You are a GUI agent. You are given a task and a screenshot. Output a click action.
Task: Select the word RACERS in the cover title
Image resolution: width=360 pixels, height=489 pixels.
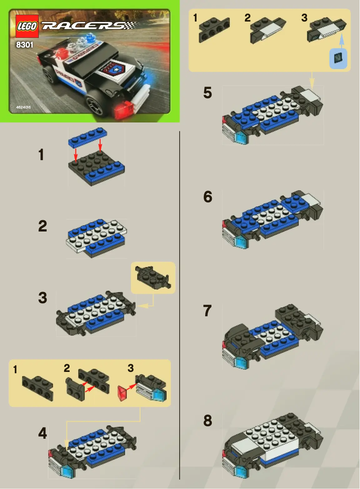point(83,26)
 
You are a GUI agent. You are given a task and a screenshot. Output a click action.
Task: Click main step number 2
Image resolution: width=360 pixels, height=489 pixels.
point(42,227)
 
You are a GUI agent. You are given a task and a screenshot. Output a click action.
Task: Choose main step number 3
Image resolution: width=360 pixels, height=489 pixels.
point(42,298)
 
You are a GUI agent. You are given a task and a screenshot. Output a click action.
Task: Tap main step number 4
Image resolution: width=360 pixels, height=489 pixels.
point(42,433)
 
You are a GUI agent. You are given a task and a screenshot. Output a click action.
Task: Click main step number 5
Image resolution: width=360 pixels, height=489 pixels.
point(207,93)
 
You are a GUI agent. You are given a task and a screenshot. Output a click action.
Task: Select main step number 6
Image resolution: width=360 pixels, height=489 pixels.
point(207,197)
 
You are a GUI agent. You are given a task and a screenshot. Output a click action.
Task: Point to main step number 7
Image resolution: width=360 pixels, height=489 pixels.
point(207,311)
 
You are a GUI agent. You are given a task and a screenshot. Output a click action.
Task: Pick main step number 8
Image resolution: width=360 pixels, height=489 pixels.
point(207,421)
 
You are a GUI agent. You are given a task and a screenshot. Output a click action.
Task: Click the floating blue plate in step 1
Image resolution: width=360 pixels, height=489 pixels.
point(88,137)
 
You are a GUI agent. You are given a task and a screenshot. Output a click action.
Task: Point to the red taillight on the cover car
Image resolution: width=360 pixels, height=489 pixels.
point(123,109)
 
